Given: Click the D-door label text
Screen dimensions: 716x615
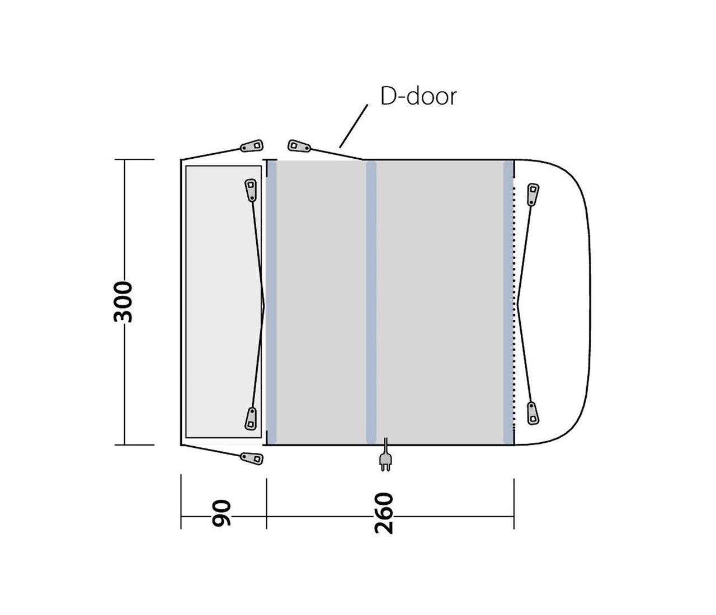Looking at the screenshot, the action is coord(418,96).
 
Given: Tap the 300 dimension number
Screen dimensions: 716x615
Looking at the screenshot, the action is coord(123,301).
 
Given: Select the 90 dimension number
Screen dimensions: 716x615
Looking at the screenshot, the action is coord(222,514).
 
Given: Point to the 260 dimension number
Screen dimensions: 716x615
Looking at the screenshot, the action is coord(384,513).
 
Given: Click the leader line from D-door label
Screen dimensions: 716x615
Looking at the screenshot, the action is coord(354,126).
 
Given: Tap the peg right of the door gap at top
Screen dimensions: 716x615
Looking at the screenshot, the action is coord(299,146).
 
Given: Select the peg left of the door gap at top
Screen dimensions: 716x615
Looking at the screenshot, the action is coord(252,146).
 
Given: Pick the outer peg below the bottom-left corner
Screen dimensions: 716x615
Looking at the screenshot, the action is coord(252,458).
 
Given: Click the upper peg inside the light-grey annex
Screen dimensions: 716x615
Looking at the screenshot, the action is coord(251,190).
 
